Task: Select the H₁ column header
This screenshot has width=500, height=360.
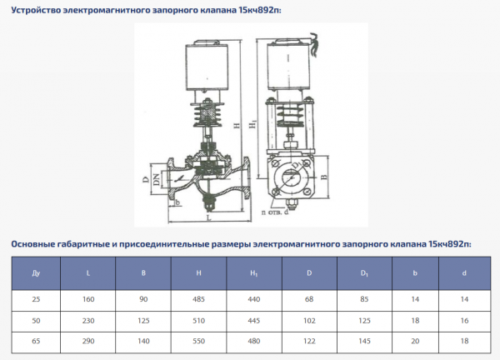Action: (x=253, y=272)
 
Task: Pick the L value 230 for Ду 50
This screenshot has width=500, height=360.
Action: (x=89, y=320)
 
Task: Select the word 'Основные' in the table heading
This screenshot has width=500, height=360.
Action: (x=37, y=244)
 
